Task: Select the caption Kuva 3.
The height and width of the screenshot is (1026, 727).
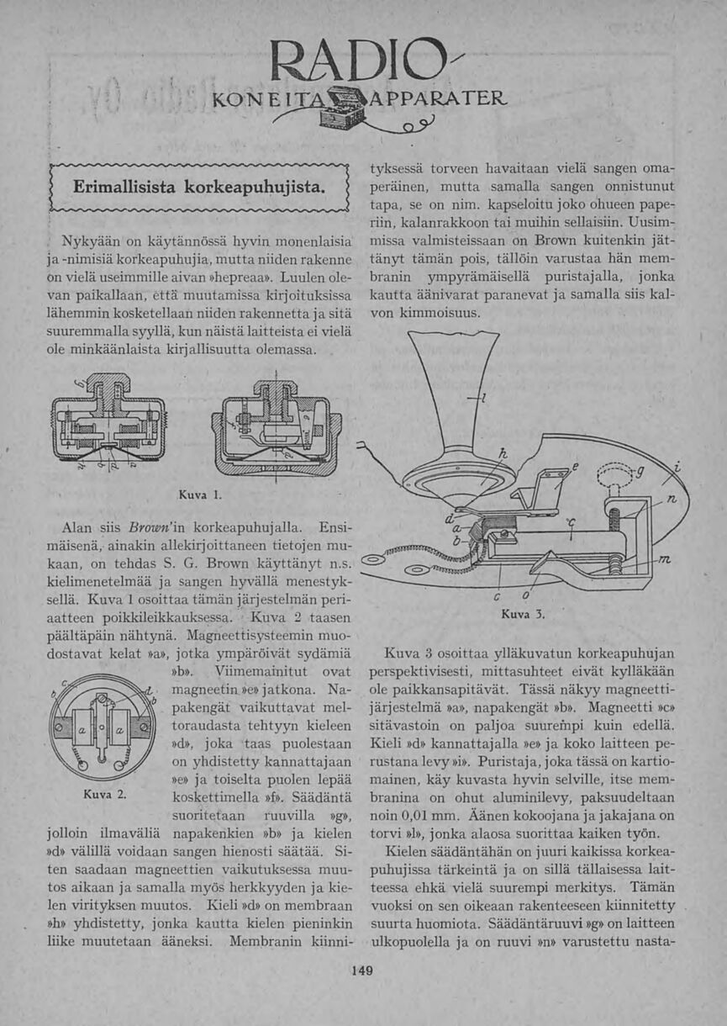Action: coord(529,615)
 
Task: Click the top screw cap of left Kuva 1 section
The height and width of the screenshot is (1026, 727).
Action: coord(108,389)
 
